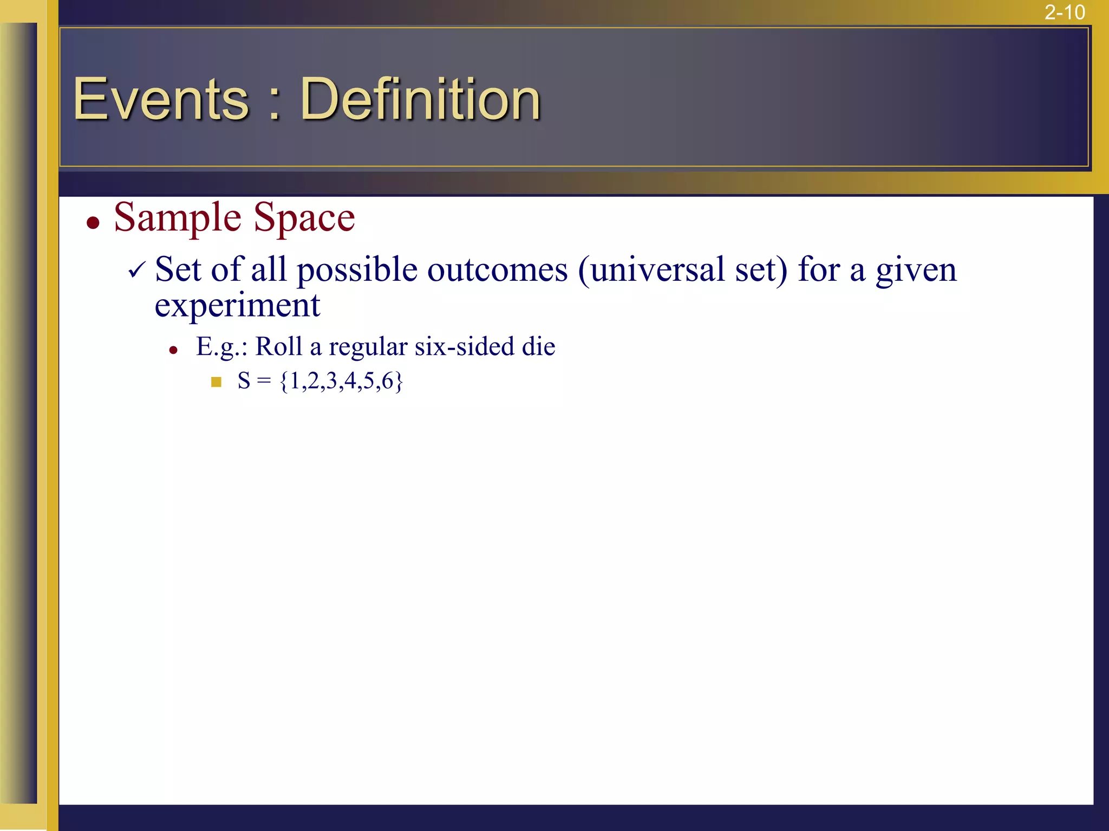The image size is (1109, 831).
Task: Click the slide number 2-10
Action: [x=1064, y=12]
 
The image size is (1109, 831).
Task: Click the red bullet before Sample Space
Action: [x=93, y=223]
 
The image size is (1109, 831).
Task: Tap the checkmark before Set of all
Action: [x=137, y=269]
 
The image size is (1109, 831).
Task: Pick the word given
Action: [x=916, y=271]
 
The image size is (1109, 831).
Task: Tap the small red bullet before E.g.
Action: [x=173, y=351]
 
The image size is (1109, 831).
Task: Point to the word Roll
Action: [x=278, y=346]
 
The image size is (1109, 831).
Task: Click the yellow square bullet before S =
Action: [x=216, y=382]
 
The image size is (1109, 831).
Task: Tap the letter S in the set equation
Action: [x=244, y=381]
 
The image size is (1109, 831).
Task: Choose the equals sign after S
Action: [x=264, y=381]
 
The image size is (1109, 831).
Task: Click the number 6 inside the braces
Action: [x=387, y=381]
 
